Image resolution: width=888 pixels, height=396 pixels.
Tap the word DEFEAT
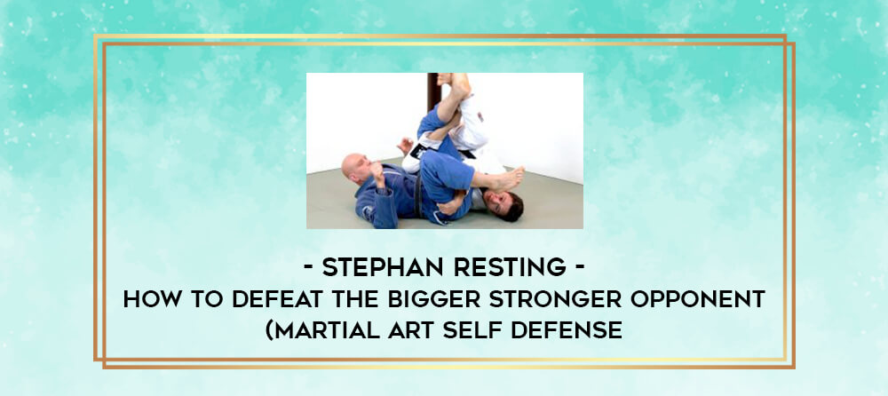point(281,298)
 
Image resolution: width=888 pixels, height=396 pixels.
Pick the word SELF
point(472,329)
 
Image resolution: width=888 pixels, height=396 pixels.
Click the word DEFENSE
point(567,329)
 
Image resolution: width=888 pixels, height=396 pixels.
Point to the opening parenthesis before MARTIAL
point(270,330)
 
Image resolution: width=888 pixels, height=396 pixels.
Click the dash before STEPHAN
point(309,268)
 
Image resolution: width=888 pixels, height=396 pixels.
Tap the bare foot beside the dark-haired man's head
point(505,180)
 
